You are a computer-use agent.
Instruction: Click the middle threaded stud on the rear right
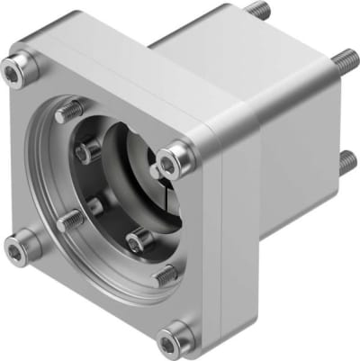click(344, 61)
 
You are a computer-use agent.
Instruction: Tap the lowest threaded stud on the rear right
click(346, 162)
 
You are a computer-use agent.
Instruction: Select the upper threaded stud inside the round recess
click(68, 113)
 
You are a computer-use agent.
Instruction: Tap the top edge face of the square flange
click(135, 72)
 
